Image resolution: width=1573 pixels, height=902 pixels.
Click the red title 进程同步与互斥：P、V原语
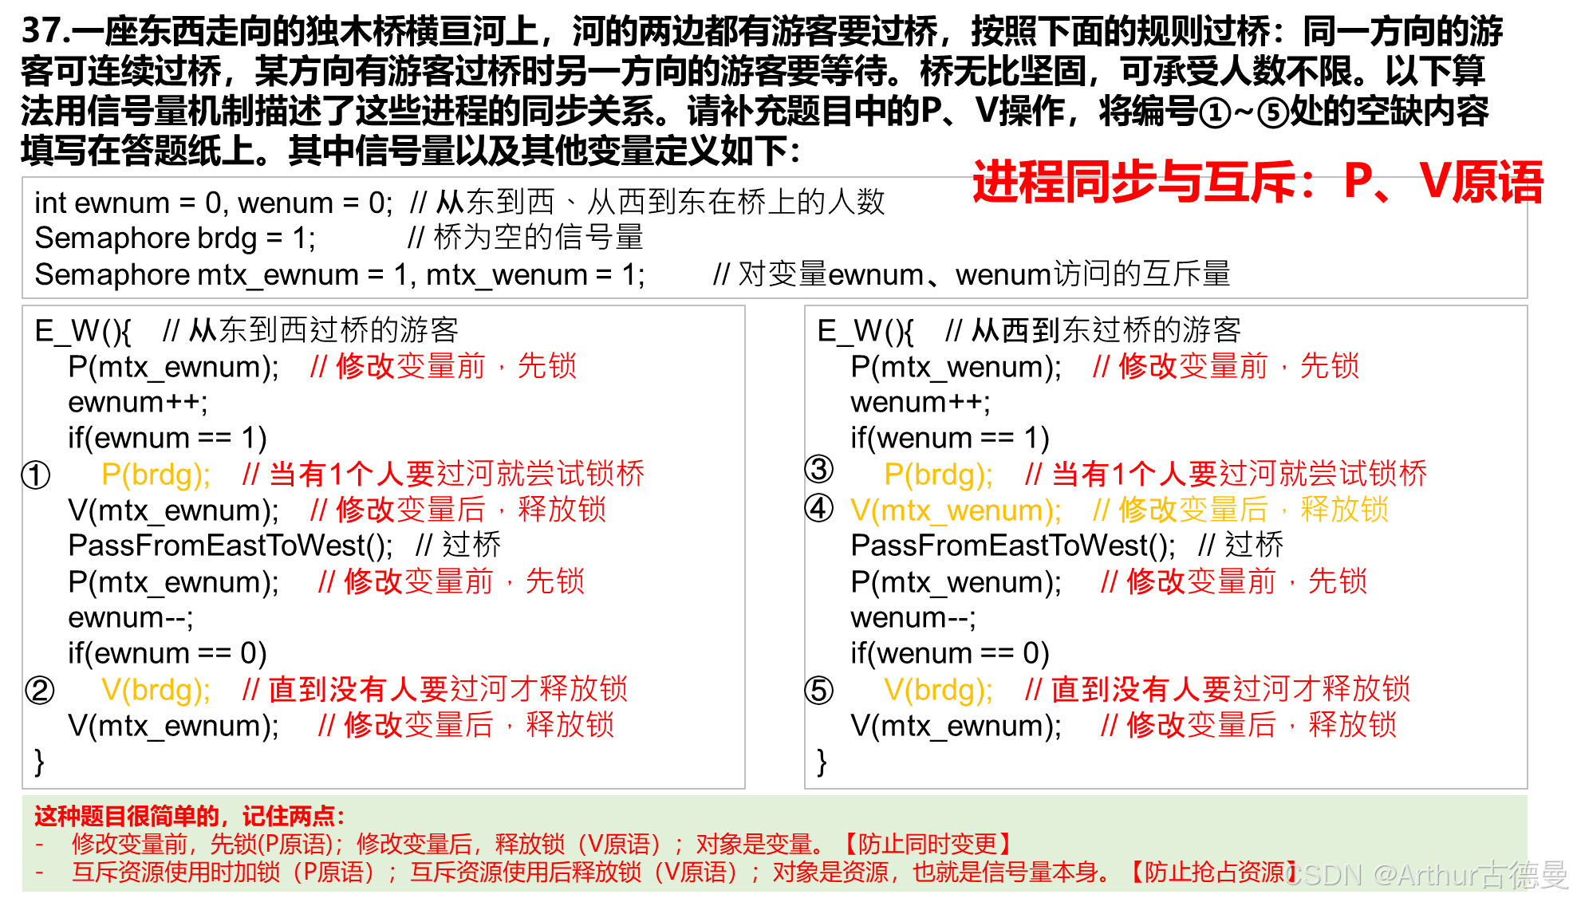pos(1257,182)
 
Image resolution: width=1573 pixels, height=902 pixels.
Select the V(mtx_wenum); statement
pos(956,510)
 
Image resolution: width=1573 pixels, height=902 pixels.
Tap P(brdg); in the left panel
pos(156,475)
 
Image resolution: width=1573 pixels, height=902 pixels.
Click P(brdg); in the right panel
pos(939,475)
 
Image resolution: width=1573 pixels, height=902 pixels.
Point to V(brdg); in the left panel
pos(156,690)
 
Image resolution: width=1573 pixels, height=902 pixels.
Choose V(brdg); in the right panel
pos(939,690)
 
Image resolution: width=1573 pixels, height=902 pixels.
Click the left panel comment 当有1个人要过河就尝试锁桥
pos(444,475)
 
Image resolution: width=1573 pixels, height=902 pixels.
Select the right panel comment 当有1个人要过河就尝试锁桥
pos(1226,475)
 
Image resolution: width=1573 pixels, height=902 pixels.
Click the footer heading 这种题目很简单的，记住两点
pos(189,816)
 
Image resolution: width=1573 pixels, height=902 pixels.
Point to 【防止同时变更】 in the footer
pos(927,844)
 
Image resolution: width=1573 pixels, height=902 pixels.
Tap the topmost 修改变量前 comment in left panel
pos(444,366)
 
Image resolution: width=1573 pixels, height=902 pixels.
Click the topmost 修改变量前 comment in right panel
pos(1226,366)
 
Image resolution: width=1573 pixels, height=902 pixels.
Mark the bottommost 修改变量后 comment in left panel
pos(467,726)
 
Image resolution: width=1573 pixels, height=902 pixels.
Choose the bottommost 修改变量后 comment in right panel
pos(1249,726)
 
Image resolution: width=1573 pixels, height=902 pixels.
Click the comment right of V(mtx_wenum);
pos(1241,510)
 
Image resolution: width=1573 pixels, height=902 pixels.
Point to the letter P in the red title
pos(1358,182)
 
